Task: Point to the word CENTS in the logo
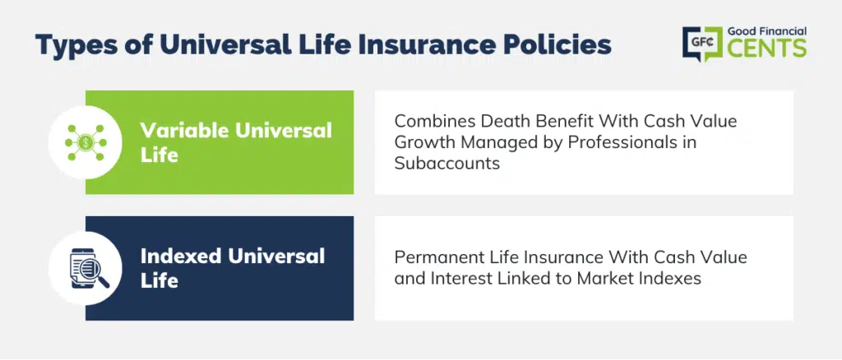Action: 767,48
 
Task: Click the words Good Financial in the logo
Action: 767,32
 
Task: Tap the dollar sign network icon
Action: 86,142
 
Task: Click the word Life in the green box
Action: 159,155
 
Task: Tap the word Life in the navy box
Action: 159,281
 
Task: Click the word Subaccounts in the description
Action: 446,163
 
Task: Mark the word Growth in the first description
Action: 424,143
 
